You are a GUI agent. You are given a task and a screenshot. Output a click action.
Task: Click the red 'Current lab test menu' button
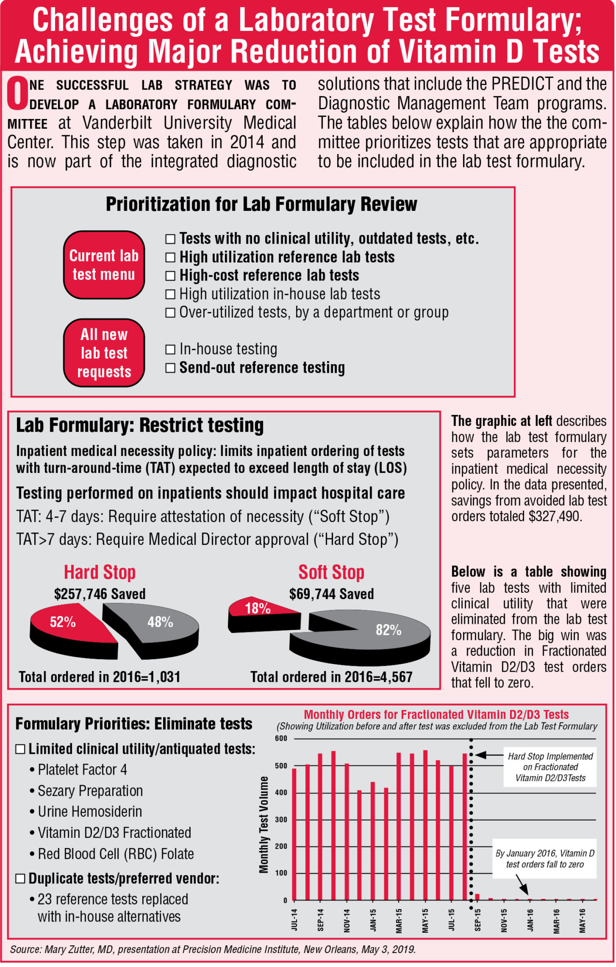(104, 265)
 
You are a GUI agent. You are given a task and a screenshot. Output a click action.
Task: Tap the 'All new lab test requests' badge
(104, 353)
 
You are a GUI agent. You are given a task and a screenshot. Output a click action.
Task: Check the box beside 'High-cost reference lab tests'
(170, 276)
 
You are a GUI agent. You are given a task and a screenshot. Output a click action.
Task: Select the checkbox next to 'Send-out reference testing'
(170, 368)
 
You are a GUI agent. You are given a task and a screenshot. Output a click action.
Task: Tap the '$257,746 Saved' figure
(100, 594)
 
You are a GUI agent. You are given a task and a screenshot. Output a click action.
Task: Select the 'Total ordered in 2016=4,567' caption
(331, 677)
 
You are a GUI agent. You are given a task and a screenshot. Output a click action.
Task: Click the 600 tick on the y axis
(281, 738)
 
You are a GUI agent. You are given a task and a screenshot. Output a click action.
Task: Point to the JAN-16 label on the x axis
(530, 920)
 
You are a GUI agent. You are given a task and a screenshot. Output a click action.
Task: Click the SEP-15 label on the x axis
(478, 920)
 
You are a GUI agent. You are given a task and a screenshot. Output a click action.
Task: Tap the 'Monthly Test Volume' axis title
(264, 824)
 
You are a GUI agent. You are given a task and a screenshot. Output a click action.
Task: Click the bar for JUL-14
(294, 834)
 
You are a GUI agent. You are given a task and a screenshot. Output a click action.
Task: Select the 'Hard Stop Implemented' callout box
(550, 767)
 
